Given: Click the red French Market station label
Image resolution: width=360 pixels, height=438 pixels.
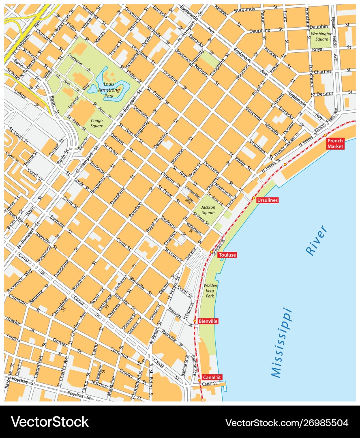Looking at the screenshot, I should click(x=336, y=144).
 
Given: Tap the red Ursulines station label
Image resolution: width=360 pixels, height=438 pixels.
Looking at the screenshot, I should click(x=268, y=200).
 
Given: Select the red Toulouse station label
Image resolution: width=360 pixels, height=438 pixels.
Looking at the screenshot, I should click(x=227, y=255).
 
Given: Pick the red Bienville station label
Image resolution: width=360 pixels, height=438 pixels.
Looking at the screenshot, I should click(x=208, y=321).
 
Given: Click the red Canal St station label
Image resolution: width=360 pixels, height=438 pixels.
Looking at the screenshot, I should click(x=212, y=377).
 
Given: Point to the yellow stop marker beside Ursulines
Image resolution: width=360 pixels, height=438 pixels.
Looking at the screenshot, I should click(x=253, y=198).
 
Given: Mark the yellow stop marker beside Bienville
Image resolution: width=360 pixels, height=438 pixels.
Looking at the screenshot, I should click(x=195, y=321).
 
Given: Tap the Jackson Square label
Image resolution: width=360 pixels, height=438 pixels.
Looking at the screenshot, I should click(x=208, y=210).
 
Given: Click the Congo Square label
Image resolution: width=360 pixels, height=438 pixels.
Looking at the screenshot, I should click(x=97, y=123).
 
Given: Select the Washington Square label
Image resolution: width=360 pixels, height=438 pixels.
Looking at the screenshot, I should click(x=321, y=36).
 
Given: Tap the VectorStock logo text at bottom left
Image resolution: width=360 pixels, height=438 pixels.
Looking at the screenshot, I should click(x=50, y=422).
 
